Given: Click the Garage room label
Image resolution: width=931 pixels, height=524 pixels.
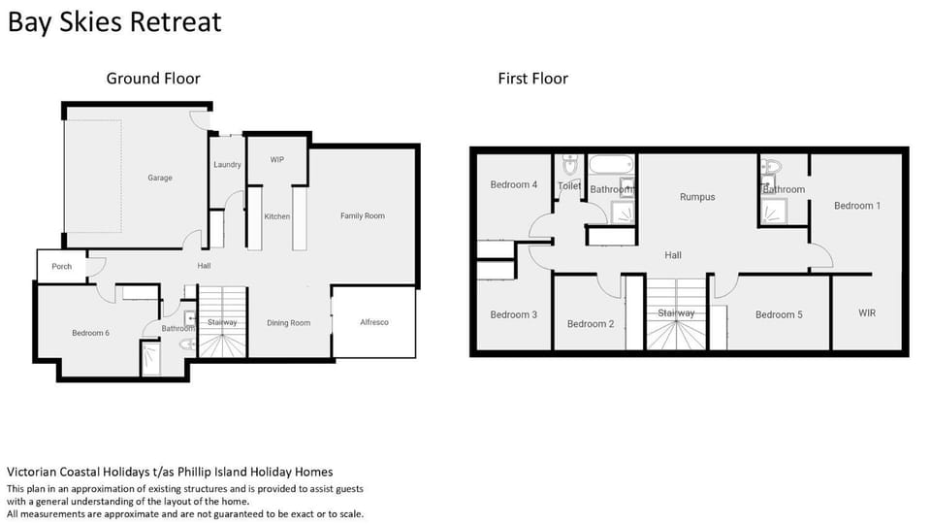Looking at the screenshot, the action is point(160,178).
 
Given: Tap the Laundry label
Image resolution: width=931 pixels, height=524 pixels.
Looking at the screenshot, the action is point(227,165).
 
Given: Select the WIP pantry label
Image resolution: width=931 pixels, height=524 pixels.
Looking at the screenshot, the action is point(277,160).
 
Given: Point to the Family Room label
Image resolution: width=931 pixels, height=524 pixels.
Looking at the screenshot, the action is point(363,215).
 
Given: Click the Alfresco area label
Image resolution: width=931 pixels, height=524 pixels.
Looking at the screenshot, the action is point(374,322).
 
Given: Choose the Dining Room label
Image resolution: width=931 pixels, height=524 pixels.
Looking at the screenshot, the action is point(289,323).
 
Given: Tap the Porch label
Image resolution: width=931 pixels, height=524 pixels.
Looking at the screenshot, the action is point(62,266).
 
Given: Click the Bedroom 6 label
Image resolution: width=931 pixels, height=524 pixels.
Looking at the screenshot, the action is point(91,333).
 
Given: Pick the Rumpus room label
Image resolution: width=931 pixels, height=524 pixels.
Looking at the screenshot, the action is point(697,197).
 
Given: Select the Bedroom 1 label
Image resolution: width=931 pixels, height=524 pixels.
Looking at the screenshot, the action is point(857,206).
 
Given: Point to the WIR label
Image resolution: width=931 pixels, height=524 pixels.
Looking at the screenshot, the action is point(867,312).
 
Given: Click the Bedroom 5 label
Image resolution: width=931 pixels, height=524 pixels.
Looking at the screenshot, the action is point(779,314).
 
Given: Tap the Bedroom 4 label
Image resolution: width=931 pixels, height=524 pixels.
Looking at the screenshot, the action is point(514,184).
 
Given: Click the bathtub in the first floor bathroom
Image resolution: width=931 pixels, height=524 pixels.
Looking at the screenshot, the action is point(611,165).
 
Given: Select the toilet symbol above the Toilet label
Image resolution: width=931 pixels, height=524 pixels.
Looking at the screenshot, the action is point(570,164).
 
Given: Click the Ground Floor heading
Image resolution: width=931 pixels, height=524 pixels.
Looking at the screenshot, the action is point(153,79).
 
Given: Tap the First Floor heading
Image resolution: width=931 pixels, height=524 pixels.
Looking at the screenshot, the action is point(533,79).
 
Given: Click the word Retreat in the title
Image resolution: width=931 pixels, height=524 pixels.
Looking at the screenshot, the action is point(176,22).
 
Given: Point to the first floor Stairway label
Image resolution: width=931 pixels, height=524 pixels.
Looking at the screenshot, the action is point(676,312).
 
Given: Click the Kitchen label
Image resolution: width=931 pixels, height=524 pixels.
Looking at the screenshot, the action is point(277,216).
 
